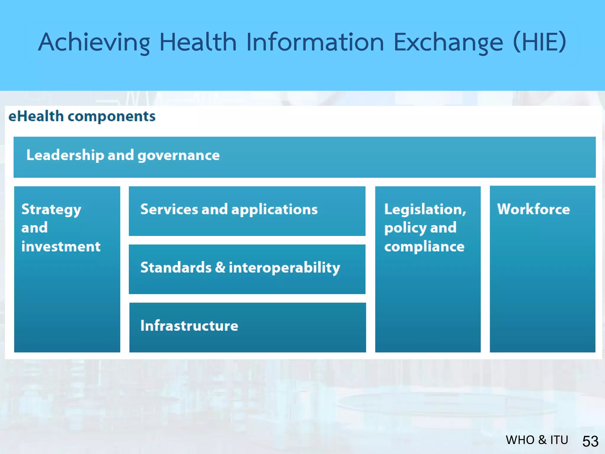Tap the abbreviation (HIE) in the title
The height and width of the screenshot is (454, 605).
tap(539, 42)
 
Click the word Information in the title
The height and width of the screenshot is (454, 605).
tap(315, 42)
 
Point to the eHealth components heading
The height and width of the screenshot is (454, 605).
tap(82, 116)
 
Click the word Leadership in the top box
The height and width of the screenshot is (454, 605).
tap(65, 155)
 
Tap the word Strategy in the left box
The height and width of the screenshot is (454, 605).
tap(51, 210)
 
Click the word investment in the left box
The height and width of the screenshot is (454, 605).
tap(61, 247)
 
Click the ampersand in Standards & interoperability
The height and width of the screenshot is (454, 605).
tap(220, 267)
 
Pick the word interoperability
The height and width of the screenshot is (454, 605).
tap(284, 268)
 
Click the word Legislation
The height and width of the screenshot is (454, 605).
tap(425, 210)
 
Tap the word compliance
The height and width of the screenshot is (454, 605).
tap(424, 247)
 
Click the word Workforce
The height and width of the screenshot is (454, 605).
tap(533, 209)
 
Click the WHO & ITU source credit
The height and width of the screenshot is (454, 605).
tap(537, 440)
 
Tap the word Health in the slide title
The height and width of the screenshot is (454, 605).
tap(198, 42)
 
